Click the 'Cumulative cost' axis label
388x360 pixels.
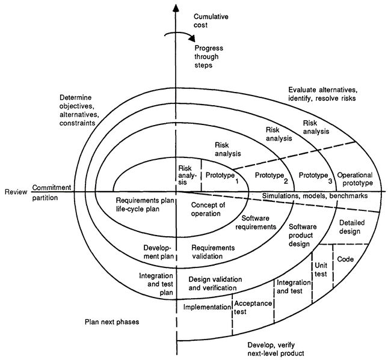click(x=211, y=21)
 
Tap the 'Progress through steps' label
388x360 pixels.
click(x=208, y=56)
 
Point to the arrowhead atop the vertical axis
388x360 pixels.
click(x=176, y=7)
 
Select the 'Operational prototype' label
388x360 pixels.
click(x=355, y=179)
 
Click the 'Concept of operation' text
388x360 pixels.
click(x=208, y=209)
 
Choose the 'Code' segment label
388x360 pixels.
click(x=345, y=259)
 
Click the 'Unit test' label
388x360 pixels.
click(x=321, y=270)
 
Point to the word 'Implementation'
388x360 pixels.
click(x=207, y=307)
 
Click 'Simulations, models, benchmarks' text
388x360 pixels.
click(x=315, y=196)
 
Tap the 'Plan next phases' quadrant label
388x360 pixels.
click(x=112, y=322)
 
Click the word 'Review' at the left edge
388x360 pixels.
click(x=16, y=192)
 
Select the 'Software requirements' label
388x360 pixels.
click(x=256, y=222)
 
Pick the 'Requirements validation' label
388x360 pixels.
click(x=213, y=252)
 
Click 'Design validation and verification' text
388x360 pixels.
click(x=215, y=284)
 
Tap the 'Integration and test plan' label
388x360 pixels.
click(x=156, y=284)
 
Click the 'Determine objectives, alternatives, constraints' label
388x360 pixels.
click(x=78, y=111)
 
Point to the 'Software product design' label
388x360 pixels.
click(x=303, y=236)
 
